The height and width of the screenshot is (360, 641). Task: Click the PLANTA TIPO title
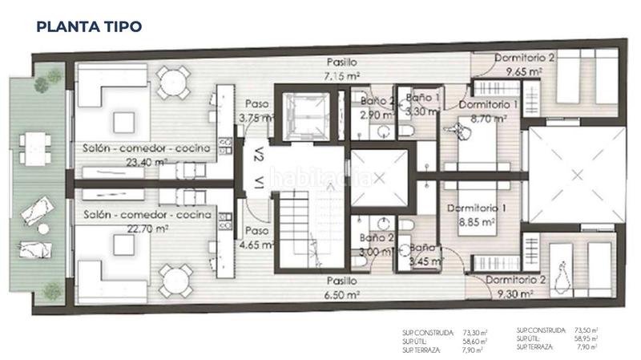point(89,26)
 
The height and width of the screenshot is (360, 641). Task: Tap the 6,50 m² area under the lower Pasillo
point(342,294)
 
